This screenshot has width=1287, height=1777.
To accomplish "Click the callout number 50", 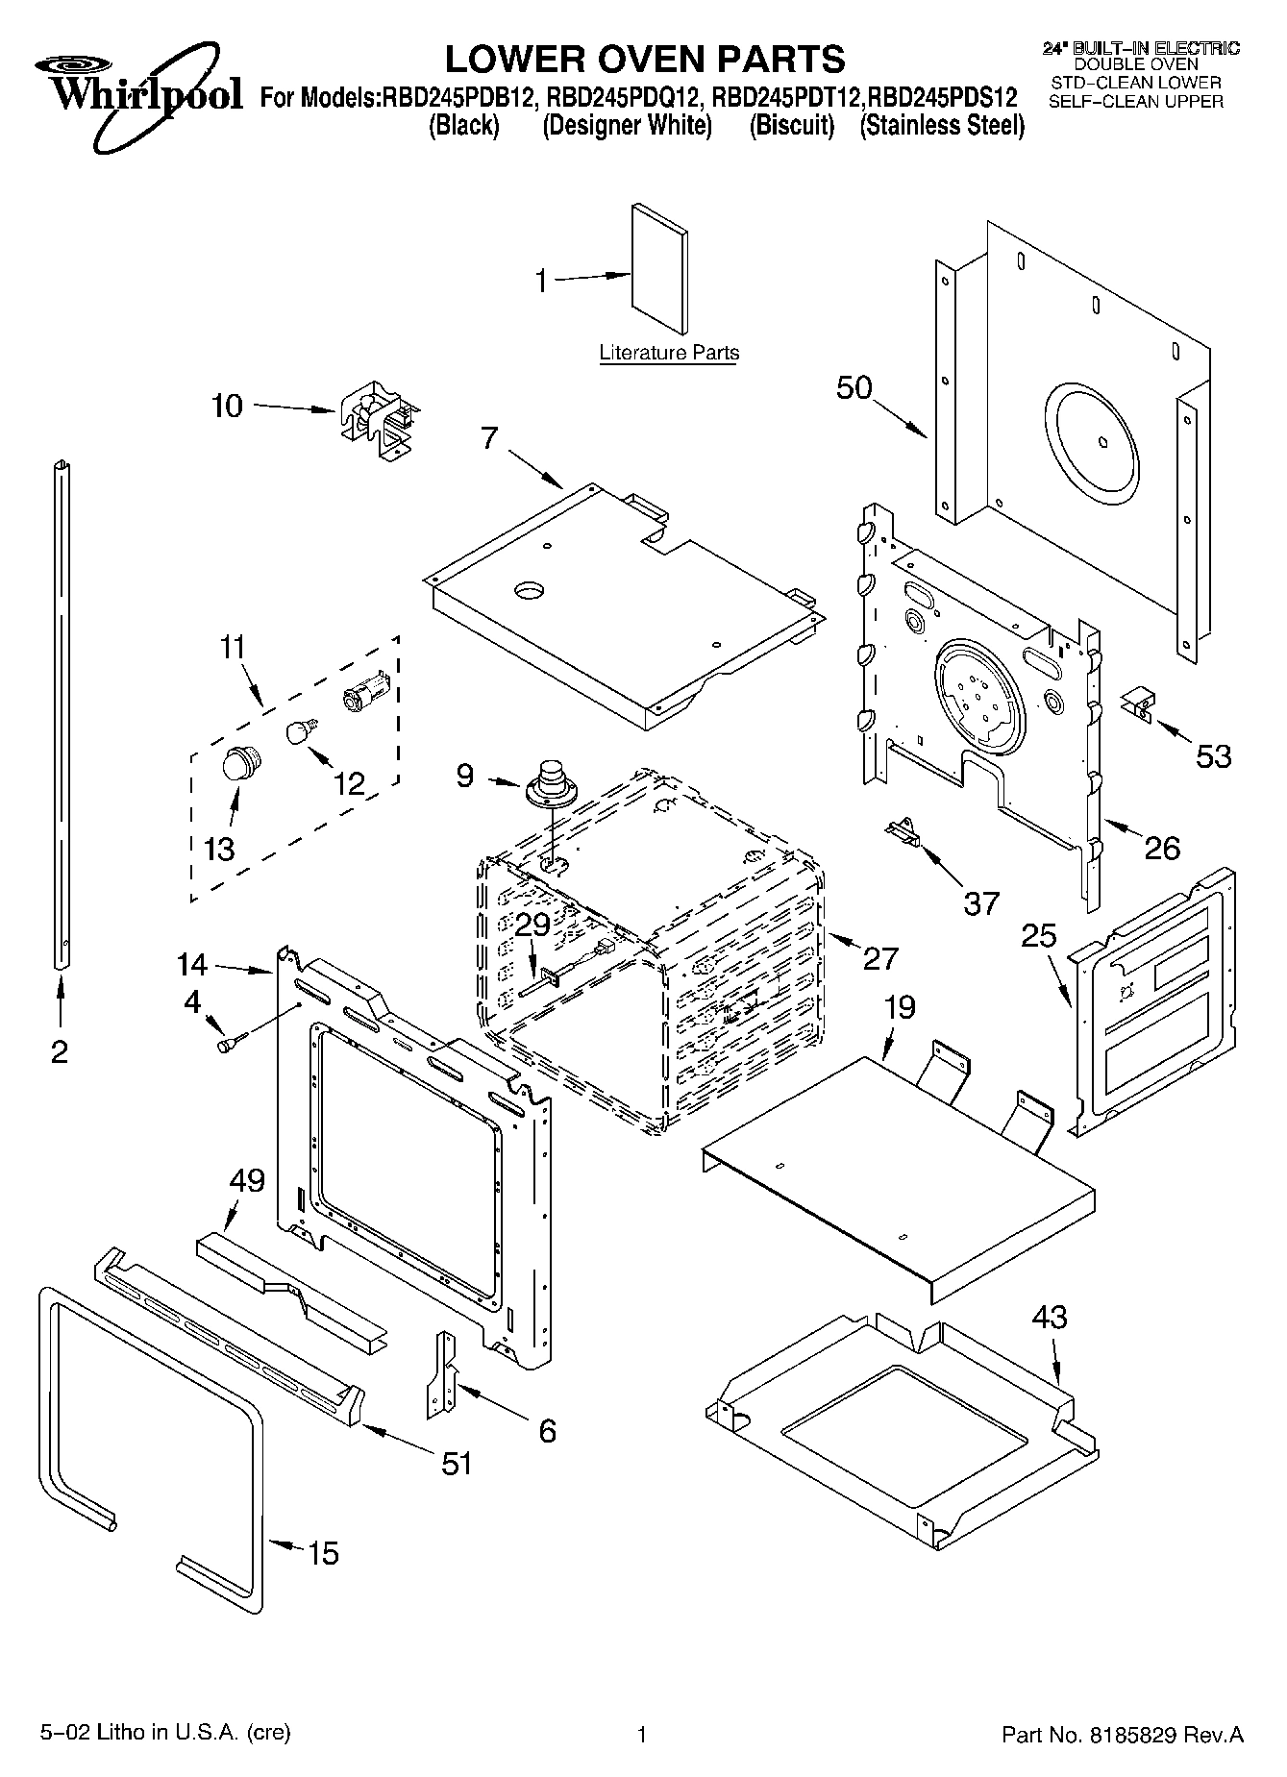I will tap(854, 388).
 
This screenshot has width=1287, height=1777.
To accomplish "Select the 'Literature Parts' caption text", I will tap(669, 353).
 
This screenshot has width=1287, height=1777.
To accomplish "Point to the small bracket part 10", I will tap(377, 422).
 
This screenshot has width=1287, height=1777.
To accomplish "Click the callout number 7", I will tap(489, 438).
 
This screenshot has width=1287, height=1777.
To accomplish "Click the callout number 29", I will tap(532, 925).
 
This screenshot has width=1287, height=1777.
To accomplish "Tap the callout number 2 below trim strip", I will tap(60, 1052).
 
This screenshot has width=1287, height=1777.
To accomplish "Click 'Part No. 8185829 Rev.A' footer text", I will tap(1123, 1735).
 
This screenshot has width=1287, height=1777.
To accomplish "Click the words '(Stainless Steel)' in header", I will tap(942, 125).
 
